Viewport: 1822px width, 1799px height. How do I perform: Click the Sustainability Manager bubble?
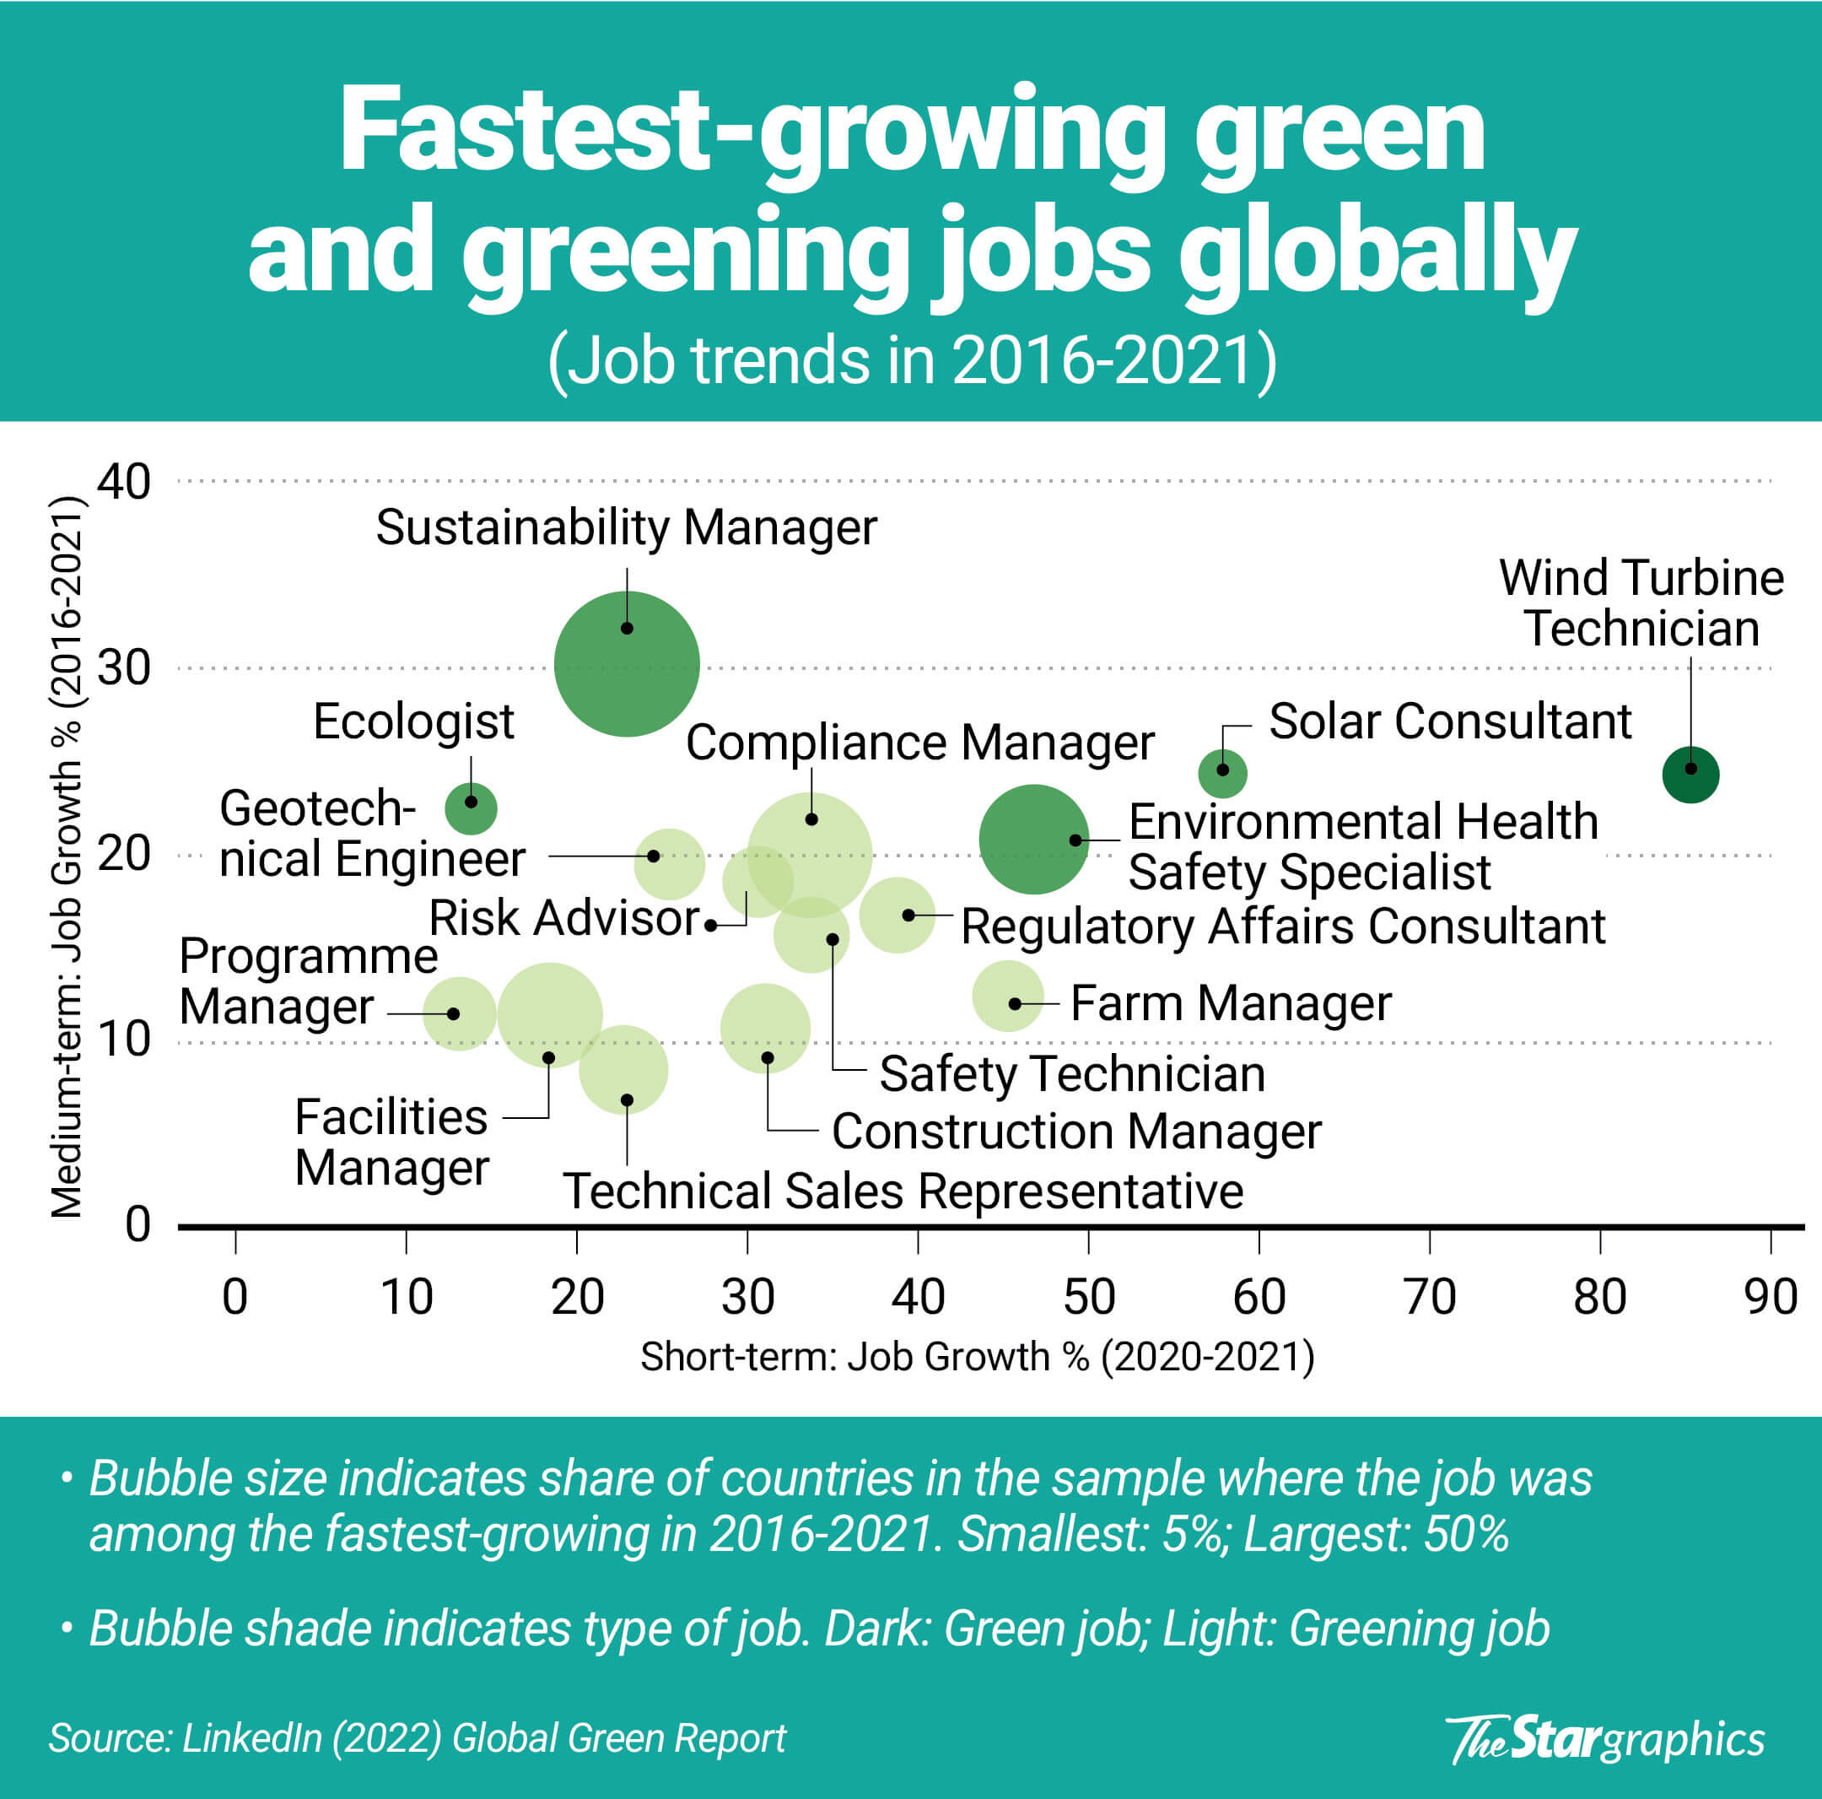point(626,663)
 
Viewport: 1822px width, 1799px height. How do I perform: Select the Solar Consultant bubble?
point(1222,773)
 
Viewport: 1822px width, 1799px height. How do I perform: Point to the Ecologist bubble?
point(471,808)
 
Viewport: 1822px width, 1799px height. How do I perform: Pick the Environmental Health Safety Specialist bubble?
point(1032,839)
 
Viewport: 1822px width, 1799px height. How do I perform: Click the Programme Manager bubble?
point(459,1014)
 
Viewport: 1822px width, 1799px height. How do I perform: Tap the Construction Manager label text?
point(1076,1131)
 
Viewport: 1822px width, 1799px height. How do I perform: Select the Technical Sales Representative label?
point(903,1191)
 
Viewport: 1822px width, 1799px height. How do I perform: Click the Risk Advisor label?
point(564,918)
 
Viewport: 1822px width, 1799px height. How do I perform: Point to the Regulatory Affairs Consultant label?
point(1282,926)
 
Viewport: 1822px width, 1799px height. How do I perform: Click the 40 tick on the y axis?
point(123,482)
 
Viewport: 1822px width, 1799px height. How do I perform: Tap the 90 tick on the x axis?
point(1771,1297)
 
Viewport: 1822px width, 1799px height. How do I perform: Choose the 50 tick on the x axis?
point(1088,1297)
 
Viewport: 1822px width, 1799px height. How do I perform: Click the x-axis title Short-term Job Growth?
point(977,1357)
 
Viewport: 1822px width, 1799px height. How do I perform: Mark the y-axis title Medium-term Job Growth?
point(67,856)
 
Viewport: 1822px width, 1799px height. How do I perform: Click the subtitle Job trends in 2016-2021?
point(911,360)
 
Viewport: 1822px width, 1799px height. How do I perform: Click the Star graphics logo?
point(1604,1738)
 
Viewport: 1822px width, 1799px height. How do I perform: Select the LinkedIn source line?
point(417,1737)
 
